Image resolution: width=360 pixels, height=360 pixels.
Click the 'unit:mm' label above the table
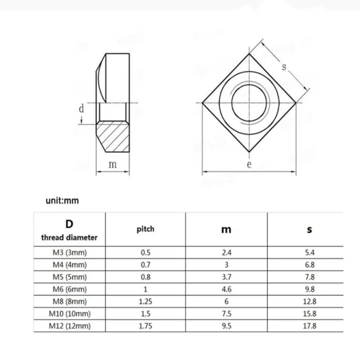pos(62,200)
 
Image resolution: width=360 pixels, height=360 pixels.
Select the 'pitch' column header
pos(145,229)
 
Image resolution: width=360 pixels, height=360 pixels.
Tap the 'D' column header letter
pos(69,224)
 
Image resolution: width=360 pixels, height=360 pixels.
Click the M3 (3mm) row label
pos(70,252)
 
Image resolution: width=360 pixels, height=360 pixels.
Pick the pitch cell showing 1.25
pos(145,301)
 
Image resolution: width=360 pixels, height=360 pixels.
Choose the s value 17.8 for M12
pos(310,326)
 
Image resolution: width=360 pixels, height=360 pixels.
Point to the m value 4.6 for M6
pos(226,289)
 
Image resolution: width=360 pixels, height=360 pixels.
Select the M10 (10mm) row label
pos(70,314)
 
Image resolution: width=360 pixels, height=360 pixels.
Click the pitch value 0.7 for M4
pos(145,265)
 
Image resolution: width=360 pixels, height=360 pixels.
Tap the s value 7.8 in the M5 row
pos(310,277)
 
